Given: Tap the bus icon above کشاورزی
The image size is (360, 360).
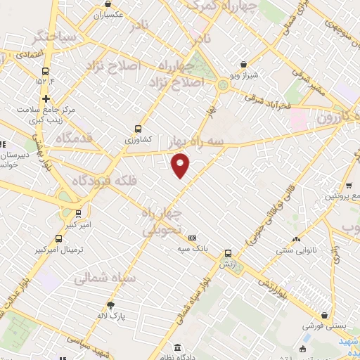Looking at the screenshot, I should (x=138, y=129).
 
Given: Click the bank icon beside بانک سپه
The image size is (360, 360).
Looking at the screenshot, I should (x=192, y=238).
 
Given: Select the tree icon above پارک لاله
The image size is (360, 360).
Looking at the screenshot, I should (x=110, y=304).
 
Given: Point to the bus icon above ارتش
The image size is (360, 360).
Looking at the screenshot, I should (x=227, y=253).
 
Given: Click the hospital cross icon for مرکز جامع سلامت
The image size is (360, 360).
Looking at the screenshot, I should (x=46, y=99).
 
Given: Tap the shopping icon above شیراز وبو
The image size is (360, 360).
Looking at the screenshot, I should (x=243, y=64).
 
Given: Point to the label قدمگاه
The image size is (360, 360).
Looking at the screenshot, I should (x=78, y=137).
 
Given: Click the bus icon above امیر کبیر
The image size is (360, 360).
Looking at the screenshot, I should (x=77, y=213).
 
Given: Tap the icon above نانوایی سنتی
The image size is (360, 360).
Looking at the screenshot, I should (x=295, y=238).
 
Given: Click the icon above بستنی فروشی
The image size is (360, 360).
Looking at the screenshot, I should (x=324, y=316).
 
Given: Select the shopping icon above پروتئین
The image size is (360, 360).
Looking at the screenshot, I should (x=349, y=186).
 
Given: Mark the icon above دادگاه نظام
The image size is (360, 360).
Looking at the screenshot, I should (x=177, y=348).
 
